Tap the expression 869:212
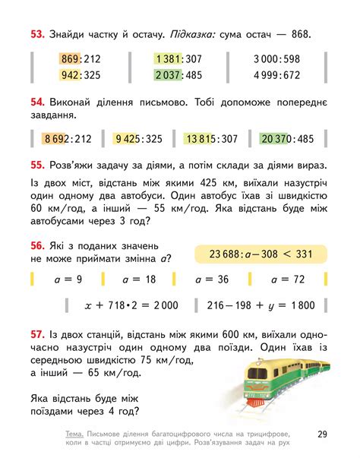point(81,58)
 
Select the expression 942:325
point(81,75)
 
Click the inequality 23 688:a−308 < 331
point(261,254)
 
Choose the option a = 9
point(70,280)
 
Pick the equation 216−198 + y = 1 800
point(259,305)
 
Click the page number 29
point(322,434)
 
